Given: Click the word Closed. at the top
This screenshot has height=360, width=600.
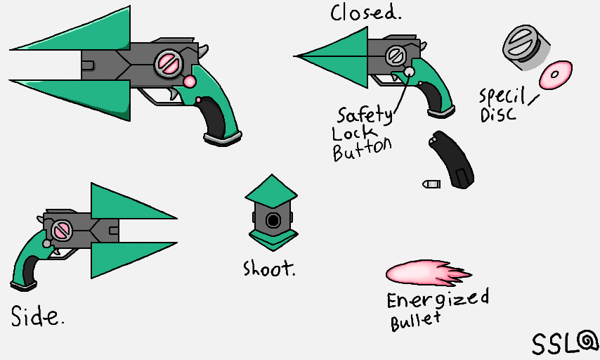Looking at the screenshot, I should point(366,13).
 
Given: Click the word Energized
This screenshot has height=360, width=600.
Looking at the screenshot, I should point(438,299).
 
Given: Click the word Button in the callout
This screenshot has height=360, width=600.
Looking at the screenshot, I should point(361,149).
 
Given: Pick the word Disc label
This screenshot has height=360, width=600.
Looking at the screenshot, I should point(498,114).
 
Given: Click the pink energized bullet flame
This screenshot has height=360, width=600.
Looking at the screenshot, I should point(425,274).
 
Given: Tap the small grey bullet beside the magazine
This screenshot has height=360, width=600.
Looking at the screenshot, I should point(431,184).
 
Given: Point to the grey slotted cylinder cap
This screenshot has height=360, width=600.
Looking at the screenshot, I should point(521,46).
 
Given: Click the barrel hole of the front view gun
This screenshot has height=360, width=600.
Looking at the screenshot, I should point(273,221).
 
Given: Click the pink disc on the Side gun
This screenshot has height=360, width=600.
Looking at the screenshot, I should point(60,229).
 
